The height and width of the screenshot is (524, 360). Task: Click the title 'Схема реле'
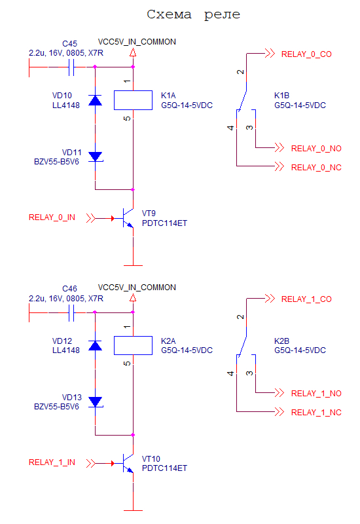[x=193, y=14]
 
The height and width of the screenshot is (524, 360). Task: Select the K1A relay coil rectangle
[x=133, y=100]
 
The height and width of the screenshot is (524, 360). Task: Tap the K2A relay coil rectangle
[x=133, y=345]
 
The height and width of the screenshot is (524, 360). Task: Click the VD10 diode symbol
[x=95, y=100]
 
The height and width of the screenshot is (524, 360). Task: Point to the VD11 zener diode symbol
[x=96, y=157]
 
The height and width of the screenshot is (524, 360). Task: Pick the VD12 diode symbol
[x=95, y=345]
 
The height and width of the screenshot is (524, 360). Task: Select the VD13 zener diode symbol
[x=96, y=402]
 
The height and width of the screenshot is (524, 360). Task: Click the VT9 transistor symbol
[x=128, y=218]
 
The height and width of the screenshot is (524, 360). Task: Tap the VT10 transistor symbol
[x=128, y=463]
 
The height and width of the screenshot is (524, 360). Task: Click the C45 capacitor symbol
[x=71, y=67]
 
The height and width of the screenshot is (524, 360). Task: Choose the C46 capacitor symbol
[x=71, y=312]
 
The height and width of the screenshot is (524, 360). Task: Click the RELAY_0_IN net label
[x=52, y=217]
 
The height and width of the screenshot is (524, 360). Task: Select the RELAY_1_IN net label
[x=52, y=462]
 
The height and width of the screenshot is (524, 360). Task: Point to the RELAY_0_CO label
[x=306, y=54]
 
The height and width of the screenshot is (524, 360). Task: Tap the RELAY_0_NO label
[x=316, y=149]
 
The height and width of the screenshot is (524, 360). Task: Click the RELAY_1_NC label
[x=316, y=413]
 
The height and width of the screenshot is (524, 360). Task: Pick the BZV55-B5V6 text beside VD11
[x=56, y=162]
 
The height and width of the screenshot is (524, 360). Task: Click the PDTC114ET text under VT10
[x=164, y=468]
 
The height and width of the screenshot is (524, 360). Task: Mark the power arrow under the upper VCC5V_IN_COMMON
[x=133, y=53]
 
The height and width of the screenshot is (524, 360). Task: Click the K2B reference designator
[x=281, y=341]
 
